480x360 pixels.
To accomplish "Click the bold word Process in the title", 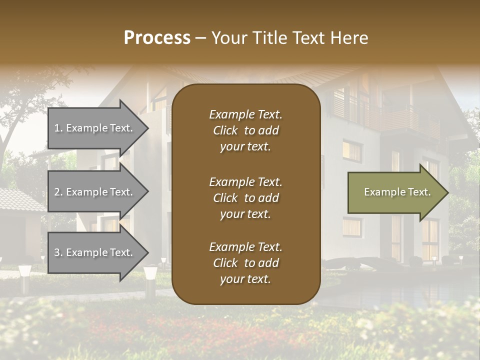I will (157, 38).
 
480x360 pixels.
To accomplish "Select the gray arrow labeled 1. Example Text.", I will (95, 128).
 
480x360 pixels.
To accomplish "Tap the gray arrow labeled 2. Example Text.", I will (95, 192).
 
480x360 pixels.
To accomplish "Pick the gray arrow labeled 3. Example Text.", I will (95, 252).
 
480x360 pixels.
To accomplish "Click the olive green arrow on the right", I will (395, 192).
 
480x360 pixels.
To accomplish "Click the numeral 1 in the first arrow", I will (57, 128).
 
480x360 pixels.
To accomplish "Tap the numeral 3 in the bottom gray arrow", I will (57, 253).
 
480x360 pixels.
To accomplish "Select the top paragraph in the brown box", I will (245, 130).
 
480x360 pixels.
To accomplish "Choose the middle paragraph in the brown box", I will (245, 198).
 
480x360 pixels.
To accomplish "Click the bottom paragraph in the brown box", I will (245, 263).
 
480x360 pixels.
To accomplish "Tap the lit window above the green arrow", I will (352, 150).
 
